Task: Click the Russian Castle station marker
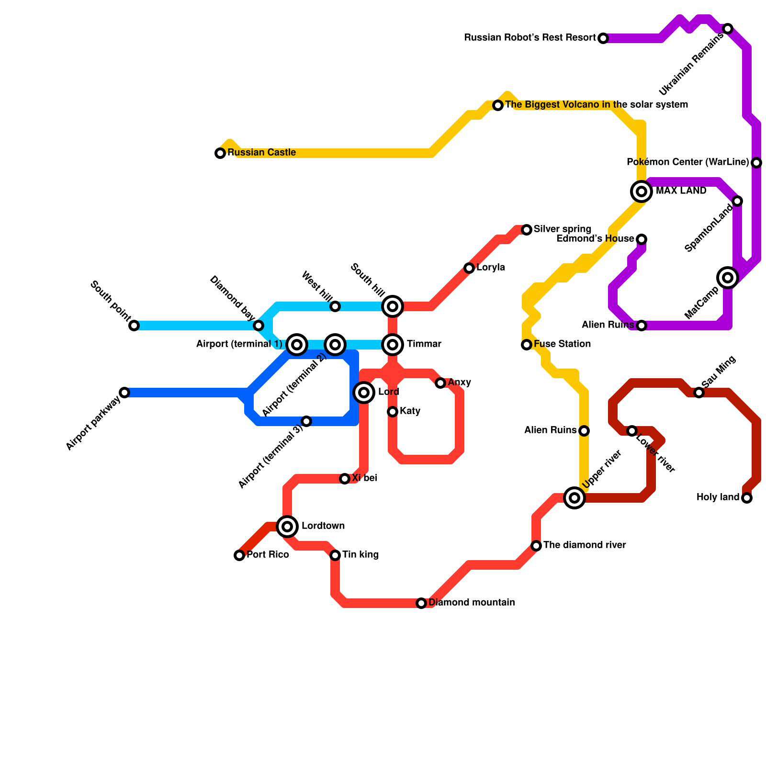pyautogui.click(x=220, y=153)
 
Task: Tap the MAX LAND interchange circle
pyautogui.click(x=642, y=191)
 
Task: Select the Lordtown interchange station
pyautogui.click(x=287, y=527)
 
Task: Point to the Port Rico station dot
pyautogui.click(x=239, y=555)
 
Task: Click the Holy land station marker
pyautogui.click(x=747, y=498)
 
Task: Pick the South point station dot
pyautogui.click(x=134, y=326)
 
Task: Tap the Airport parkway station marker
pyautogui.click(x=124, y=393)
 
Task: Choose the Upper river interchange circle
pyautogui.click(x=574, y=498)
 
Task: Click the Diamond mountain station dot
pyautogui.click(x=421, y=603)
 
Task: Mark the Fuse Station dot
pyautogui.click(x=527, y=345)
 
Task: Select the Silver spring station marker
pyautogui.click(x=527, y=230)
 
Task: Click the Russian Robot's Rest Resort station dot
pyautogui.click(x=603, y=38)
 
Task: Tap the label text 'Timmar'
pyautogui.click(x=424, y=344)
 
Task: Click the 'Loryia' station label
pyautogui.click(x=490, y=268)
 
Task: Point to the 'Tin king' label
pyautogui.click(x=360, y=555)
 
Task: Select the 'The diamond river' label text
pyautogui.click(x=585, y=545)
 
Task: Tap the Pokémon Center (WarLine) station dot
pyautogui.click(x=756, y=163)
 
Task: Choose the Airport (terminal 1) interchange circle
pyautogui.click(x=297, y=345)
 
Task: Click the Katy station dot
pyautogui.click(x=393, y=412)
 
